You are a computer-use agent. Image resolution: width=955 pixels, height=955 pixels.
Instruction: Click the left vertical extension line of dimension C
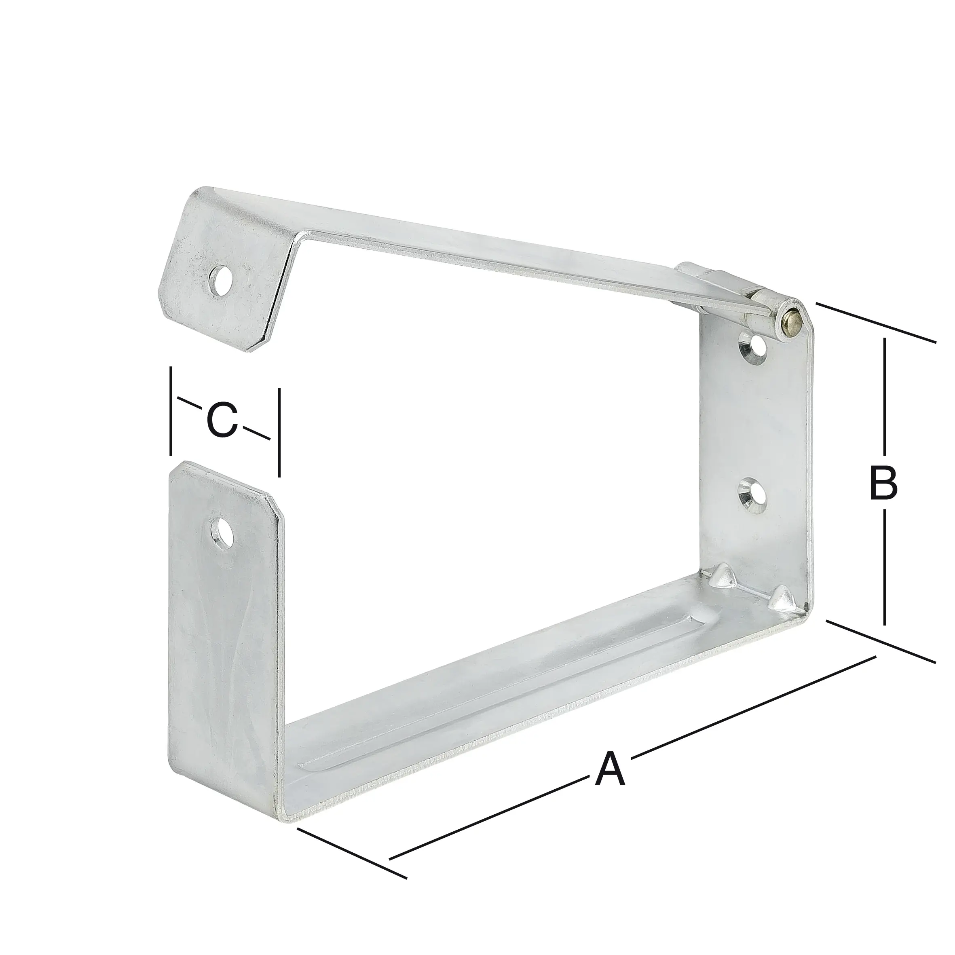[171, 410]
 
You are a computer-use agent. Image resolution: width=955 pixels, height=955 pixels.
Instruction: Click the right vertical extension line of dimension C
[279, 433]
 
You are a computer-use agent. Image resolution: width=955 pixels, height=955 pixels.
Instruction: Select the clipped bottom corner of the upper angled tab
[257, 346]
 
